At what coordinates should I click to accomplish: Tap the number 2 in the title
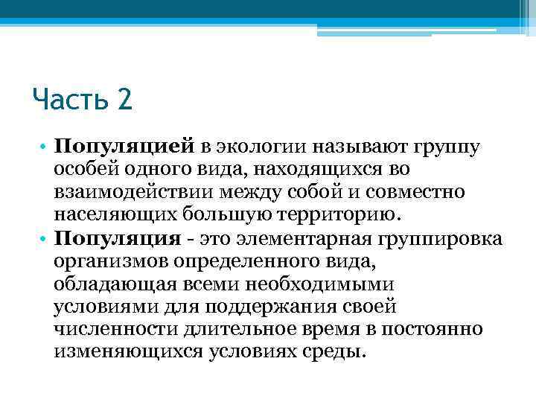[x=124, y=98]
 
